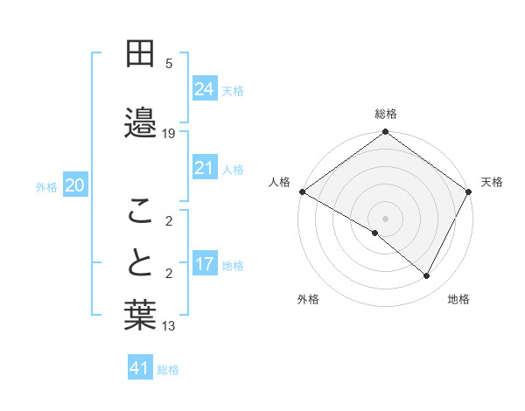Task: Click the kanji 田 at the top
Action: pyautogui.click(x=140, y=54)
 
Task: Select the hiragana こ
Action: pyautogui.click(x=140, y=210)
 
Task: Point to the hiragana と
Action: pyautogui.click(x=140, y=262)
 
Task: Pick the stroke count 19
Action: pyautogui.click(x=169, y=134)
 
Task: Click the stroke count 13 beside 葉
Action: pyautogui.click(x=169, y=326)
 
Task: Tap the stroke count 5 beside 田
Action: pyautogui.click(x=169, y=64)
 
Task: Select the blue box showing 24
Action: pyautogui.click(x=204, y=89)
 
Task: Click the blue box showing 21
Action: pyautogui.click(x=204, y=168)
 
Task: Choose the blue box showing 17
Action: pyautogui.click(x=204, y=264)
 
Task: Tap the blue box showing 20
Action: pyautogui.click(x=75, y=185)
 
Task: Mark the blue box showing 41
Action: pyautogui.click(x=140, y=368)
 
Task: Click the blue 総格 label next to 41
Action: pyautogui.click(x=168, y=370)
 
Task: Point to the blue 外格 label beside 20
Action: pyautogui.click(x=46, y=186)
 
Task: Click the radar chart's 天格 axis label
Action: pyautogui.click(x=492, y=182)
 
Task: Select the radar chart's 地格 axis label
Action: pyautogui.click(x=458, y=299)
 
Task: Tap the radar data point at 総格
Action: pyautogui.click(x=385, y=133)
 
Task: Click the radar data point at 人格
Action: pyautogui.click(x=302, y=192)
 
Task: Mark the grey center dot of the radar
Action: pyautogui.click(x=385, y=218)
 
